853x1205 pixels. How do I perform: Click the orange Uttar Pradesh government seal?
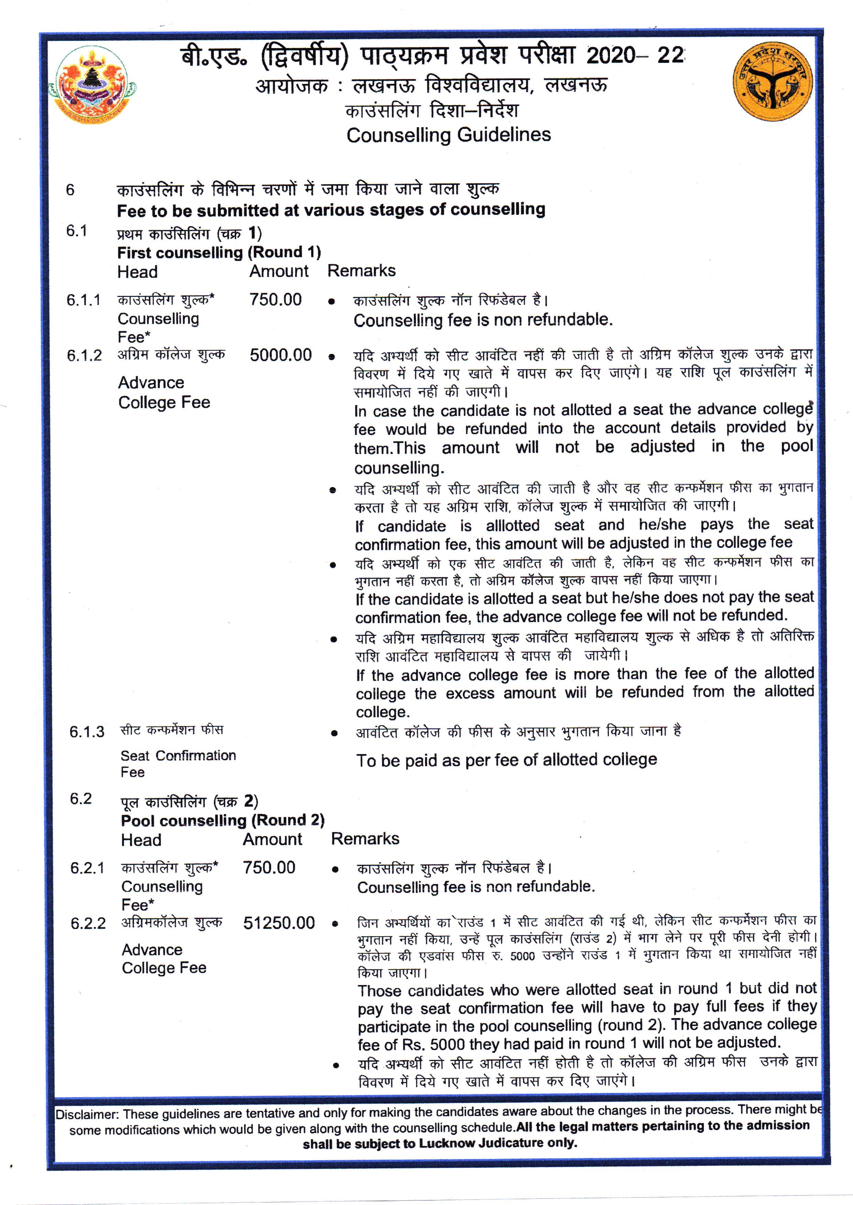(773, 82)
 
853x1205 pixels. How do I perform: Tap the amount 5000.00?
(281, 355)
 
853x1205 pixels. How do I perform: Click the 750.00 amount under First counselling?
(275, 300)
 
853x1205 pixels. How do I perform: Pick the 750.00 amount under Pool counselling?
(269, 867)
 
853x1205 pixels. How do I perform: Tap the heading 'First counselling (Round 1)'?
(219, 253)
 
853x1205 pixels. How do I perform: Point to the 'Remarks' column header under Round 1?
(361, 271)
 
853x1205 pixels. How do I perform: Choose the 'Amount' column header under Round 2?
(272, 839)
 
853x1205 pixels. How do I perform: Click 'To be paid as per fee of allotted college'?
(506, 760)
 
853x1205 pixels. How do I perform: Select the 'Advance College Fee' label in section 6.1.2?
(164, 392)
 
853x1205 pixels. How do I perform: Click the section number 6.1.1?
(83, 300)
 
